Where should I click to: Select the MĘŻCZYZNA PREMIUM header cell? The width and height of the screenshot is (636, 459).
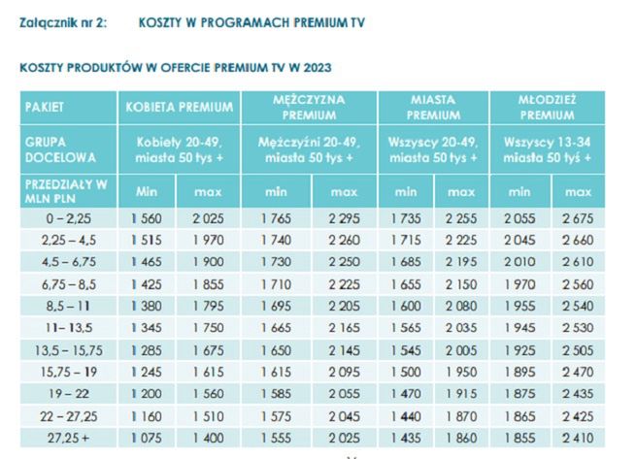tap(309, 107)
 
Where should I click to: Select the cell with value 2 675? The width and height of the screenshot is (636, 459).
tap(577, 220)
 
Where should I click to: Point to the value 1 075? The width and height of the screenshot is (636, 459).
tap(147, 438)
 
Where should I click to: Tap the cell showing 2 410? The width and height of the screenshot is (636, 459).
tap(577, 438)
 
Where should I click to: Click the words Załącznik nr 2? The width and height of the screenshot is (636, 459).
tap(60, 20)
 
